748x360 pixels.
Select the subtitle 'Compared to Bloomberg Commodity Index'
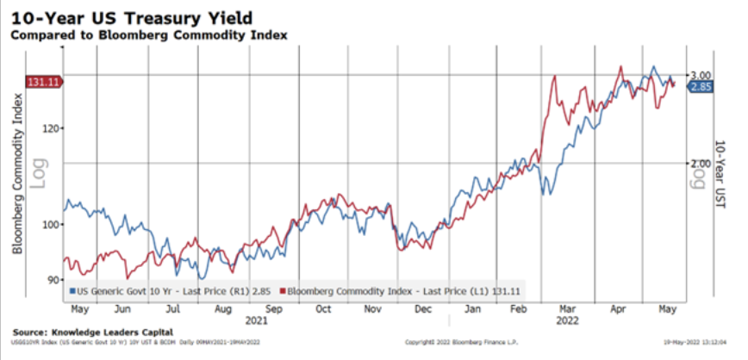[x=149, y=34]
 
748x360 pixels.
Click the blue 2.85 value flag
[x=700, y=86]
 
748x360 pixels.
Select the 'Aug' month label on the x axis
[x=222, y=308]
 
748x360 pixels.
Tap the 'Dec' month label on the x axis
[x=422, y=308]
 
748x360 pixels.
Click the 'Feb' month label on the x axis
[x=518, y=308]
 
